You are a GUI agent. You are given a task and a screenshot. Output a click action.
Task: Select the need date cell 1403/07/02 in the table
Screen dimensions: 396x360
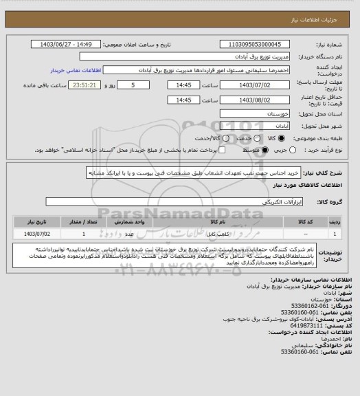(x=34, y=234)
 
